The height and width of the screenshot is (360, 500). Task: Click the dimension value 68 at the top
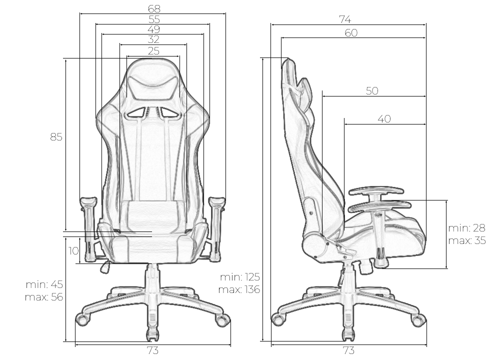[x=154, y=9]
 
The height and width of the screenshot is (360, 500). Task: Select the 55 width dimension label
[x=154, y=19]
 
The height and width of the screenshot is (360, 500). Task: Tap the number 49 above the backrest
[x=153, y=29]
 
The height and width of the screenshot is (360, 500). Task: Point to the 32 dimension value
[x=153, y=39]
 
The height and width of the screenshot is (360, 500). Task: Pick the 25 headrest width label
[x=153, y=51]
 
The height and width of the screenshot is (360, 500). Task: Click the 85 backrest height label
[x=56, y=137]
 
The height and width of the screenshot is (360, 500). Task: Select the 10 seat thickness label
[x=73, y=251]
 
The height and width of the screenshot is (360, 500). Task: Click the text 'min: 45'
[x=44, y=284]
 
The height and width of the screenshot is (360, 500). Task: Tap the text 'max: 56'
[x=44, y=297]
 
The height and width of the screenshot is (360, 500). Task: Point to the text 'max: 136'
[x=239, y=289]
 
